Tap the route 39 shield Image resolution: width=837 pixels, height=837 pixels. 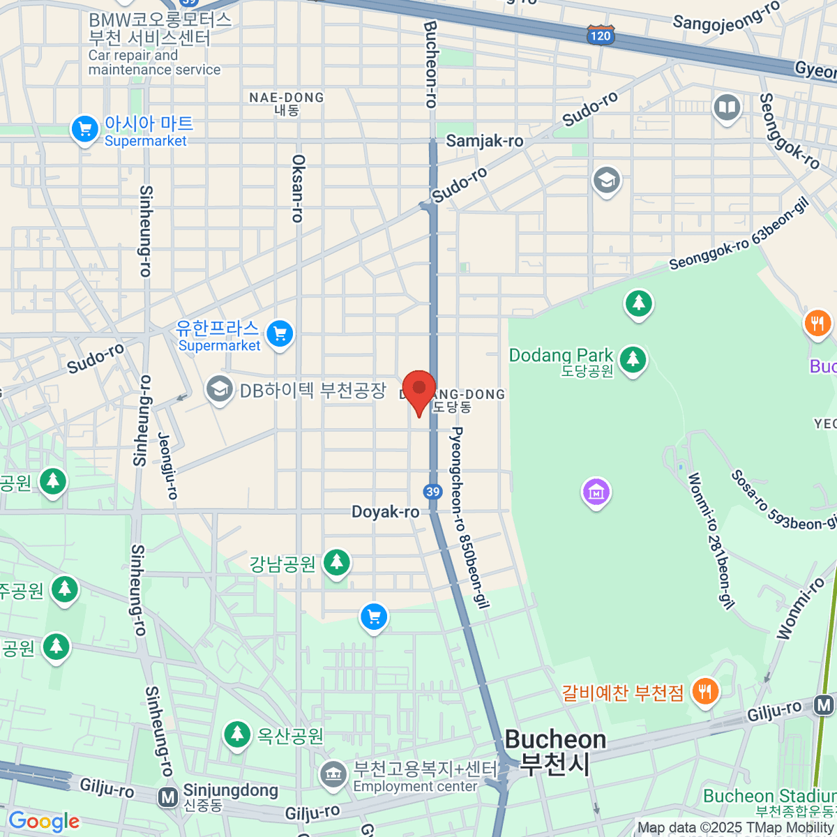click(x=432, y=492)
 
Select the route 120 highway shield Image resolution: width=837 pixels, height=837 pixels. click(x=600, y=36)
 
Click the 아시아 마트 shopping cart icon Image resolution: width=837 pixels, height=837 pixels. click(x=85, y=129)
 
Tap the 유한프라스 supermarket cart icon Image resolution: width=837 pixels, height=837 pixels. click(x=280, y=334)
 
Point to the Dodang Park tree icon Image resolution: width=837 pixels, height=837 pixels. click(x=633, y=359)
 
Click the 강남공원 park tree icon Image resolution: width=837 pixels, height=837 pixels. click(x=337, y=561)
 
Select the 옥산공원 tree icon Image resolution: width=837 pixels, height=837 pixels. click(x=237, y=734)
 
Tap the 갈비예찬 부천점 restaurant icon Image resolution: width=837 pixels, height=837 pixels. click(x=705, y=692)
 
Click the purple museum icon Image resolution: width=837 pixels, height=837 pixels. click(x=596, y=492)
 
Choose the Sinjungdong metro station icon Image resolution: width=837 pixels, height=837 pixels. click(x=167, y=797)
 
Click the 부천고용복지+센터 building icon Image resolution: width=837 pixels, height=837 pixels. click(x=333, y=774)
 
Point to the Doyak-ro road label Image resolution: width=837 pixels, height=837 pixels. click(x=385, y=512)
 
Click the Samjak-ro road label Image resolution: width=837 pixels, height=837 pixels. click(x=484, y=141)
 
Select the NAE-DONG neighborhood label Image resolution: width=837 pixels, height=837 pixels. click(x=287, y=98)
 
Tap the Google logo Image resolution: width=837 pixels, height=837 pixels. click(x=43, y=821)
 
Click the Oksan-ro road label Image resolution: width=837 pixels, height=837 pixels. click(x=298, y=188)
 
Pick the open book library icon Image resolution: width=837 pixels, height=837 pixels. click(x=727, y=107)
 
